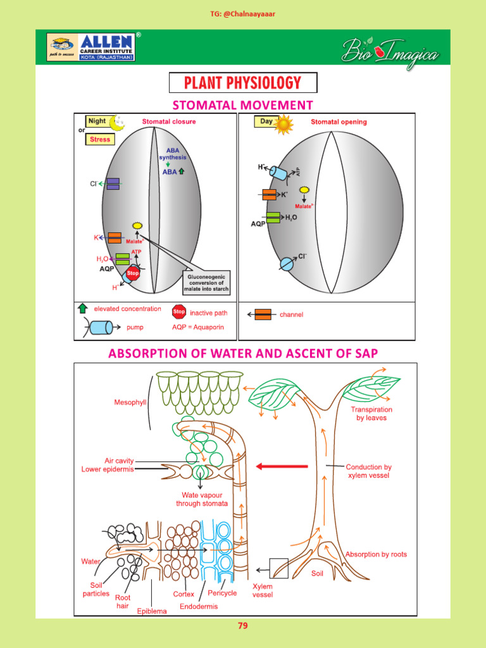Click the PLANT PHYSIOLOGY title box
pos(242,83)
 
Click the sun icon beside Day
pos(283,124)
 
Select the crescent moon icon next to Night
pos(117,121)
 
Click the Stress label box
pos(100,139)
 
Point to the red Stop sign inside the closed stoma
pos(133,274)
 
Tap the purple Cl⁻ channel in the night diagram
pos(113,184)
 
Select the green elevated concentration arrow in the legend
pos(82,309)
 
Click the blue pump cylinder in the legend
pos(101,327)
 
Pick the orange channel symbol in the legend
pos(263,314)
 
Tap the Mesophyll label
pos(130,402)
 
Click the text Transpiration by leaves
pos(371,414)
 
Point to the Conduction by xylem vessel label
pos(369,471)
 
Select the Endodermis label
pos(198,606)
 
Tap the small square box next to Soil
pos(278,568)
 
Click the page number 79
pos(242,626)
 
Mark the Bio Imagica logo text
pos(390,51)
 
